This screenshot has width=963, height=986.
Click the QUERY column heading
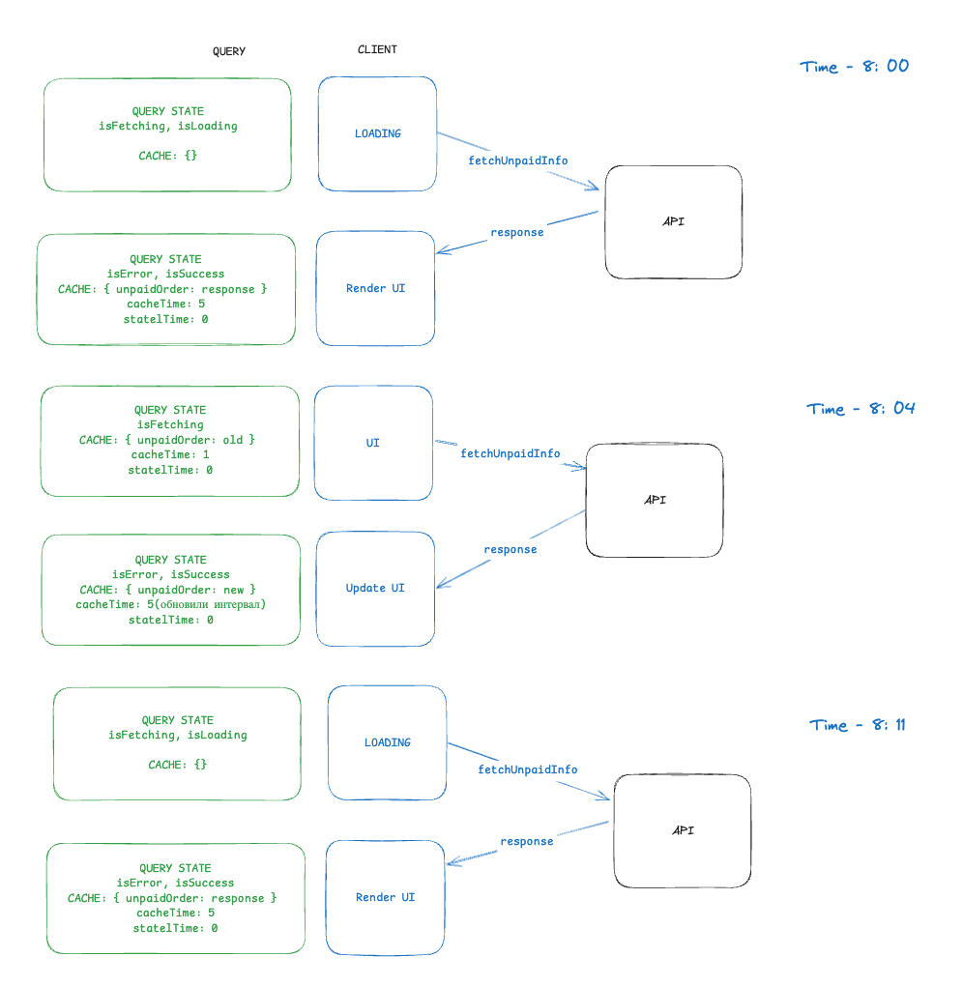click(x=229, y=51)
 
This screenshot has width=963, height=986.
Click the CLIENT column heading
click(x=377, y=49)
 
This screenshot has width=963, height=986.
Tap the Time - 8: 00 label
click(x=855, y=67)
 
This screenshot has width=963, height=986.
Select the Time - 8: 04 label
click(x=861, y=409)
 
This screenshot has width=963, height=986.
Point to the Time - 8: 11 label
click(x=858, y=725)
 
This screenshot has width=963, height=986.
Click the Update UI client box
click(x=375, y=588)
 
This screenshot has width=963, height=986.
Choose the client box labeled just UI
click(x=373, y=443)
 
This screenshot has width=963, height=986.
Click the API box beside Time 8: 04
click(x=655, y=500)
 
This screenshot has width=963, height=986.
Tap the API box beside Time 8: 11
click(x=683, y=830)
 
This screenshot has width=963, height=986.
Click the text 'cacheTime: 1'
click(x=170, y=454)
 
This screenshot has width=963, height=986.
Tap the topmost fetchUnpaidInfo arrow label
click(x=517, y=160)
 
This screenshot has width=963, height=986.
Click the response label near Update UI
click(x=510, y=549)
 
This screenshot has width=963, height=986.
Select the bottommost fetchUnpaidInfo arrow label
click(x=527, y=769)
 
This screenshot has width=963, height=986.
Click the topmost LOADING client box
click(x=377, y=133)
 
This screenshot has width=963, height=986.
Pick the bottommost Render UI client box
click(x=385, y=897)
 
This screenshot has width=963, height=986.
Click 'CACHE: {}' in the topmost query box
click(x=168, y=155)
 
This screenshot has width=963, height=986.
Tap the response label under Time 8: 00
click(x=516, y=232)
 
